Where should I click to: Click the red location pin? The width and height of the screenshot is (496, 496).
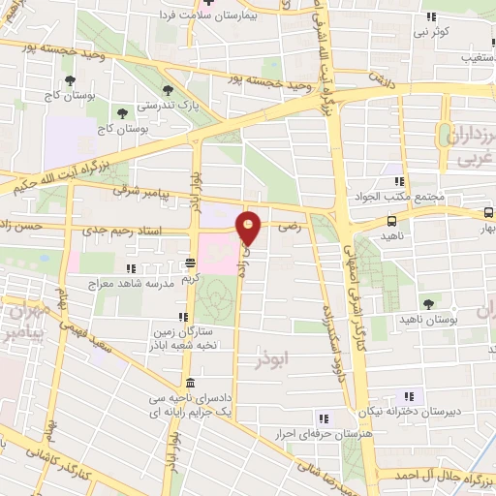click(250, 229)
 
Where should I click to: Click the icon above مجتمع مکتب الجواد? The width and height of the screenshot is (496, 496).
click(397, 181)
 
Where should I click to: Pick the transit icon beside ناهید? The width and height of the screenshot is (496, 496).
click(391, 220)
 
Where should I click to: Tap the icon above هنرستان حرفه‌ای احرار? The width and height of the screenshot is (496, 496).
click(325, 418)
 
